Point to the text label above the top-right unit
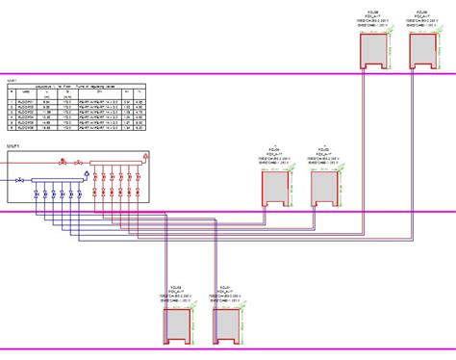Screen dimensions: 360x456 (418, 18)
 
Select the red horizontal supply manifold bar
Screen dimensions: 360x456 (115, 163)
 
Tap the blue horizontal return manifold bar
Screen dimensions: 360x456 (56, 180)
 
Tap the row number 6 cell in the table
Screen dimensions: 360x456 (11, 129)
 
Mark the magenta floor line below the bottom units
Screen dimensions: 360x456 (289, 348)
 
